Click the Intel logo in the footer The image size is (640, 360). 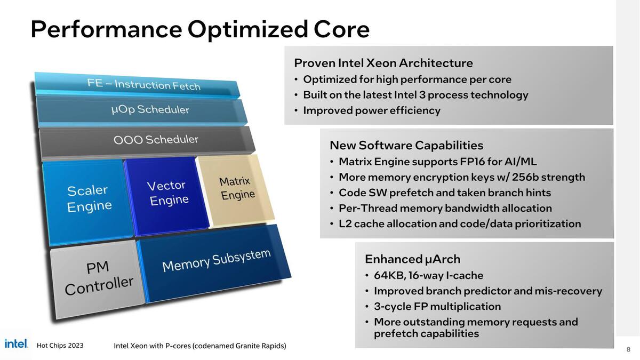pyautogui.click(x=16, y=344)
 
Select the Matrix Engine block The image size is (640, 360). pyautogui.click(x=235, y=189)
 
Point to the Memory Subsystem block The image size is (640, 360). pyautogui.click(x=215, y=261)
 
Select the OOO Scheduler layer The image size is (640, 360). pyautogui.click(x=155, y=140)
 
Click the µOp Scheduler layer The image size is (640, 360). pyautogui.click(x=150, y=109)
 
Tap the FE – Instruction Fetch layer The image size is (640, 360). pyautogui.click(x=143, y=84)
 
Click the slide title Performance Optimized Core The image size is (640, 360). pyautogui.click(x=200, y=29)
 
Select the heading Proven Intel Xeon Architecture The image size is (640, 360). pyautogui.click(x=383, y=63)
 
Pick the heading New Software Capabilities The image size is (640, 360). pyautogui.click(x=406, y=145)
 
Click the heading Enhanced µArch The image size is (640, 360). pyautogui.click(x=412, y=259)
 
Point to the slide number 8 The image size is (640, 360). pyautogui.click(x=628, y=350)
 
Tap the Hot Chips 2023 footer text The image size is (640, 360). pyautogui.click(x=60, y=346)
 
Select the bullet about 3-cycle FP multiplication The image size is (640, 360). pyautogui.click(x=437, y=307)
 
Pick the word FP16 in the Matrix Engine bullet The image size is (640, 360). pyautogui.click(x=479, y=162)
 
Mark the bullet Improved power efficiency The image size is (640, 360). pyautogui.click(x=371, y=110)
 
